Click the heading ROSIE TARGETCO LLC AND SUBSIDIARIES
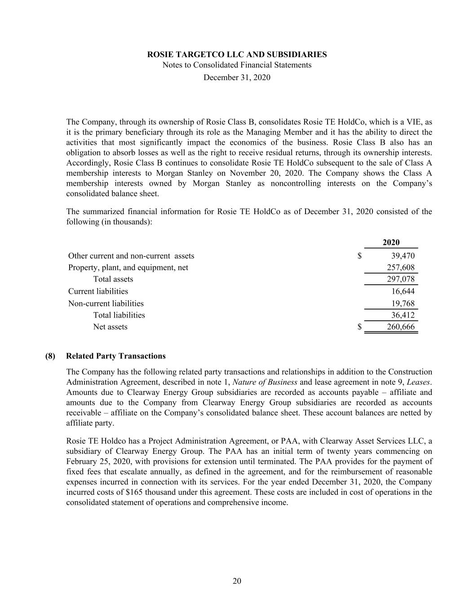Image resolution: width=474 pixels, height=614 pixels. tap(237, 54)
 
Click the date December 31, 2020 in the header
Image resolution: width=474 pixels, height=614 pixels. tap(237, 77)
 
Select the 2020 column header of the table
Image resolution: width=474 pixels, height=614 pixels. tap(391, 242)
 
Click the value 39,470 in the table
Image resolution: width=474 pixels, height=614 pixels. tap(403, 256)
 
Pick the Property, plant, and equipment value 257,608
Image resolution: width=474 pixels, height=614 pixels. tap(401, 268)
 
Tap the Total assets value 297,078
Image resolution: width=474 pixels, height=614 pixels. tap(401, 279)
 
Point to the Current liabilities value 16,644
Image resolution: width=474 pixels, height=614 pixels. tap(403, 291)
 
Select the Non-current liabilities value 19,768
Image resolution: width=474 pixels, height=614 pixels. tap(403, 304)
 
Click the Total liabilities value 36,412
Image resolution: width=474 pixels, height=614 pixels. tap(403, 315)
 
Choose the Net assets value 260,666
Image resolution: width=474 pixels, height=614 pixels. tap(401, 327)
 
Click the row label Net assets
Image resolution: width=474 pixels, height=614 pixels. tap(110, 327)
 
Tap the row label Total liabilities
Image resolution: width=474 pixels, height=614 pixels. tap(119, 315)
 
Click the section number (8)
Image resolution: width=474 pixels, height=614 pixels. tap(50, 356)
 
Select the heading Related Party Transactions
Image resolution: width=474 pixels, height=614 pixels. tap(116, 356)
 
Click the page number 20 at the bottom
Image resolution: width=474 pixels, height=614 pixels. tap(237, 581)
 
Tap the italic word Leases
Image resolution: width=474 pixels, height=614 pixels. tap(419, 382)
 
